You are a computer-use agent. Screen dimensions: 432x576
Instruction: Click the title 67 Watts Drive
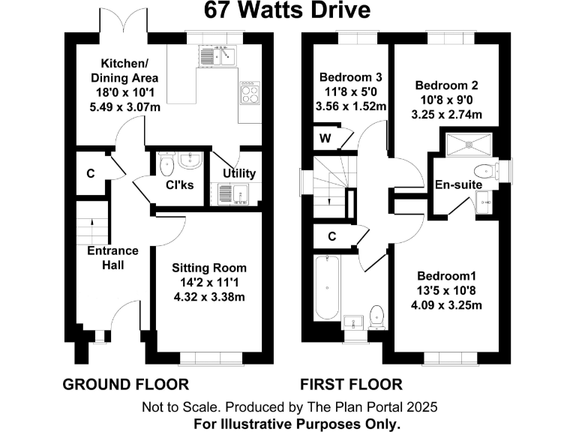coord(288,10)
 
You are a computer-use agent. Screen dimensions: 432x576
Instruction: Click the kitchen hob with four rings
coord(249,93)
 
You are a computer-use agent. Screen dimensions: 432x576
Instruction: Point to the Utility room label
coord(239,173)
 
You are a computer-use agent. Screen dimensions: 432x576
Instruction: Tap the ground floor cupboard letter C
coord(90,173)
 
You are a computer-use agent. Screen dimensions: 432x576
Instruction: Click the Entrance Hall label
coord(112,257)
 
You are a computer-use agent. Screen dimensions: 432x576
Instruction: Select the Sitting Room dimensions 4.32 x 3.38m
coord(209,296)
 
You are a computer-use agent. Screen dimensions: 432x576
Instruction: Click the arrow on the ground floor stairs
coord(91,223)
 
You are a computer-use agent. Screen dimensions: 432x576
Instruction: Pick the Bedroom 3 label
coord(351,77)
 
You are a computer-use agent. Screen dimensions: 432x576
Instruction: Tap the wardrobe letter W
coord(325,138)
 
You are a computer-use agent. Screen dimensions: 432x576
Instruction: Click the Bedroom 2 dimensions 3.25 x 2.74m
coord(447,114)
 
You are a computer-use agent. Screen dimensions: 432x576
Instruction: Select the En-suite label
coord(459,185)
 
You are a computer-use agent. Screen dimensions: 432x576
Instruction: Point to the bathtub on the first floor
coord(328,287)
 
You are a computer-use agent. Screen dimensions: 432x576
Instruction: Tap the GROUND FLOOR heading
coord(125,385)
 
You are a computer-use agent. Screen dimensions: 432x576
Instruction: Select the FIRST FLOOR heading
coord(351,385)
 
